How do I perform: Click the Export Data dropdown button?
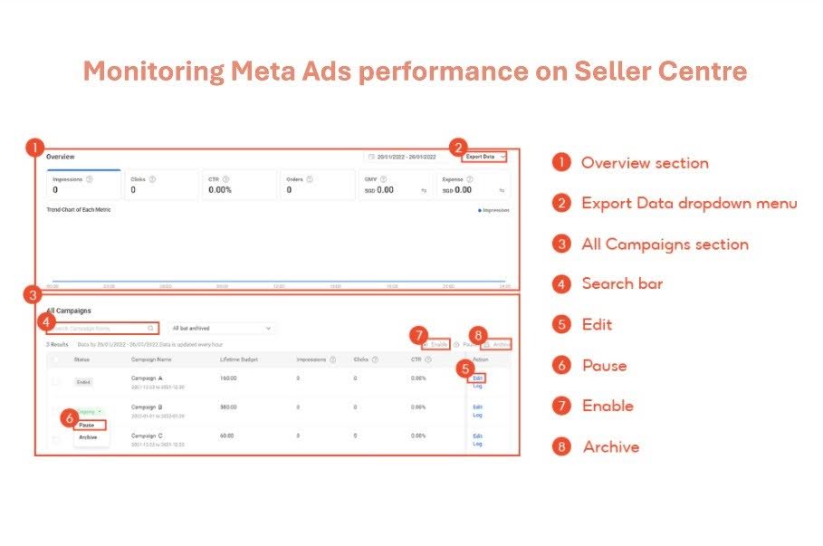pos(483,157)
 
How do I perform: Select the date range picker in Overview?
pos(405,157)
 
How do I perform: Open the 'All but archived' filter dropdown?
pos(221,328)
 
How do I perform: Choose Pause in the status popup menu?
pos(87,425)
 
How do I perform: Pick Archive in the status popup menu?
pos(88,437)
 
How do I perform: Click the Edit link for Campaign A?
pos(477,378)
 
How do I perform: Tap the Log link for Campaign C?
pos(477,444)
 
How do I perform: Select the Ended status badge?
pos(83,382)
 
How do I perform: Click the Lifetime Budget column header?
pos(239,359)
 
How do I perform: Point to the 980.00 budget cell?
pos(229,407)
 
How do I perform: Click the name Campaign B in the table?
pos(147,407)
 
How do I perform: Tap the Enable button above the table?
pos(439,345)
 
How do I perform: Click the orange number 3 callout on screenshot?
pos(33,294)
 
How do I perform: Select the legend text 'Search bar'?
pos(622,284)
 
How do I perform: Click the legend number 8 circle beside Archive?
pos(562,447)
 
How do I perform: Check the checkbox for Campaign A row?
pos(56,381)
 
